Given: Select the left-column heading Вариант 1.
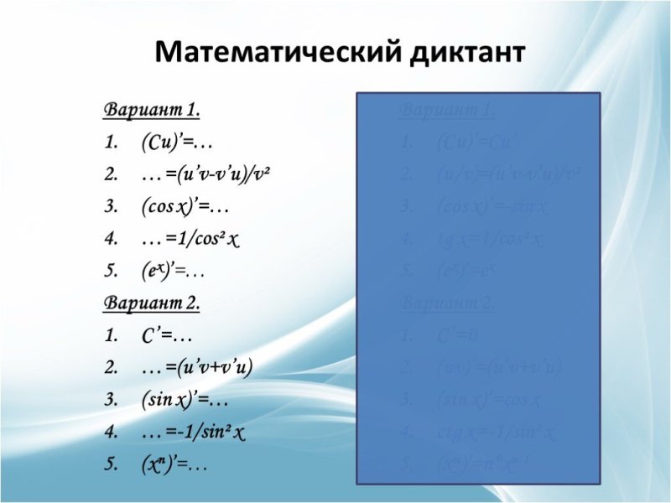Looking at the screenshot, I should (x=152, y=110).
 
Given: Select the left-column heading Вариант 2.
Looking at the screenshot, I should (x=152, y=303).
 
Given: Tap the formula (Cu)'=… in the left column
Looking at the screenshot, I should (x=171, y=143).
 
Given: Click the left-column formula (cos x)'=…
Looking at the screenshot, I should (x=185, y=207).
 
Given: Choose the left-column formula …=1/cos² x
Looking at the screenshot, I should (x=191, y=240).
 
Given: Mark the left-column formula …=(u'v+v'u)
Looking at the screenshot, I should (x=197, y=367).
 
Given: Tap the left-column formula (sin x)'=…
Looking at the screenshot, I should (x=185, y=399).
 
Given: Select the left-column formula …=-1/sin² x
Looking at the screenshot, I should (x=194, y=432).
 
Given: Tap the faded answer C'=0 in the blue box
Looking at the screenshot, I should (x=458, y=335).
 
